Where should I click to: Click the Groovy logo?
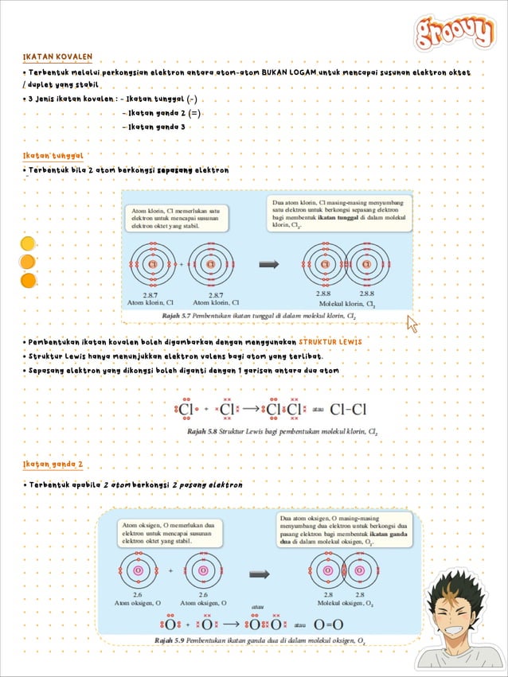pos(455,33)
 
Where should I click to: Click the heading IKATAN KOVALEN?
pos(58,57)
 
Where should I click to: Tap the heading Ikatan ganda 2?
pos(53,464)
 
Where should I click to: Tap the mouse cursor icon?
pos(412,324)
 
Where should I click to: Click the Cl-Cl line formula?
pos(348,410)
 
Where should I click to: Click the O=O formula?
pos(328,624)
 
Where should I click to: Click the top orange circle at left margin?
pos(28,243)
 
